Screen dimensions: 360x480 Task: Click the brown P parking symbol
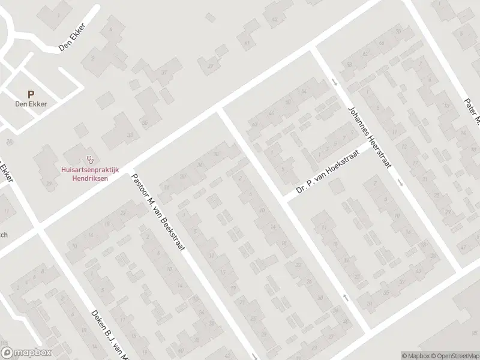(31, 94)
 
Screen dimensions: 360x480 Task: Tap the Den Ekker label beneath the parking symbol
(31, 103)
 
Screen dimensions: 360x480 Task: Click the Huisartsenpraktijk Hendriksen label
(90, 174)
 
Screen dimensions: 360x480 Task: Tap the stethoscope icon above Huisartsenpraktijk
(91, 160)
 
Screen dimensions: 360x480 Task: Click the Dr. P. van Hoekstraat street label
(330, 175)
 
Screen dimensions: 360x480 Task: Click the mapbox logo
(26, 353)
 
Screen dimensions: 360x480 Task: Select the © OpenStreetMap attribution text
(455, 355)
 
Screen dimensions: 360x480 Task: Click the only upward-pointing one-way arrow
(345, 297)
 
